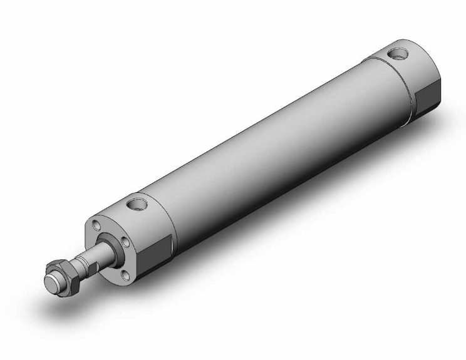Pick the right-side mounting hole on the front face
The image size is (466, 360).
(x=125, y=242)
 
